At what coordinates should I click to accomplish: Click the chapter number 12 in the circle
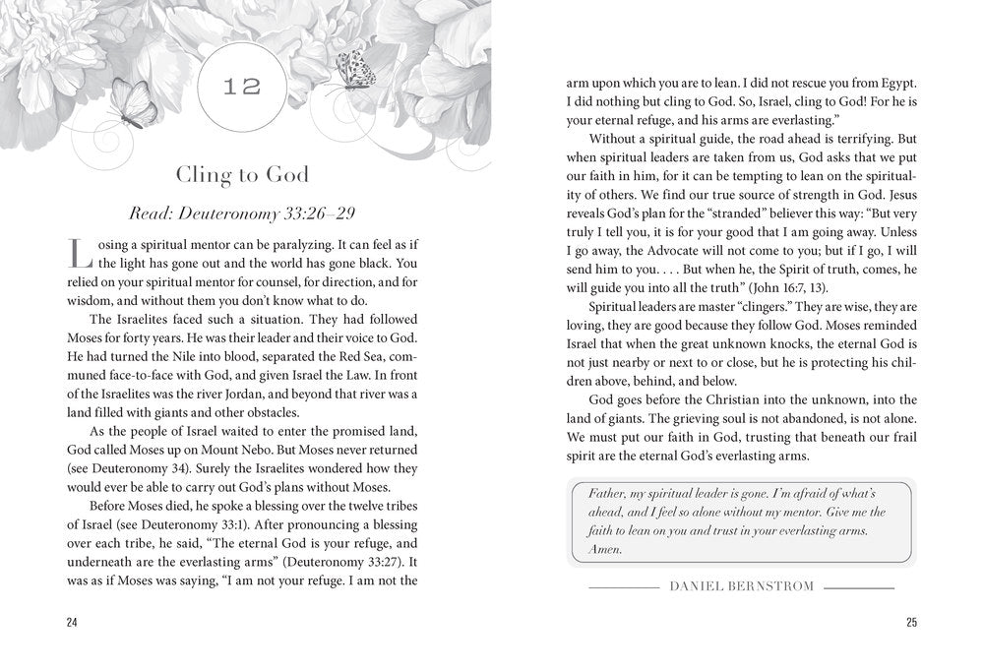241,87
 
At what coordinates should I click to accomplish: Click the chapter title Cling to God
241,175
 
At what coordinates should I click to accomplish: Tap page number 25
910,621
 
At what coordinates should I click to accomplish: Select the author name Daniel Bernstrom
740,586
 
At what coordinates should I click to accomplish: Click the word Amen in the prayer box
603,550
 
